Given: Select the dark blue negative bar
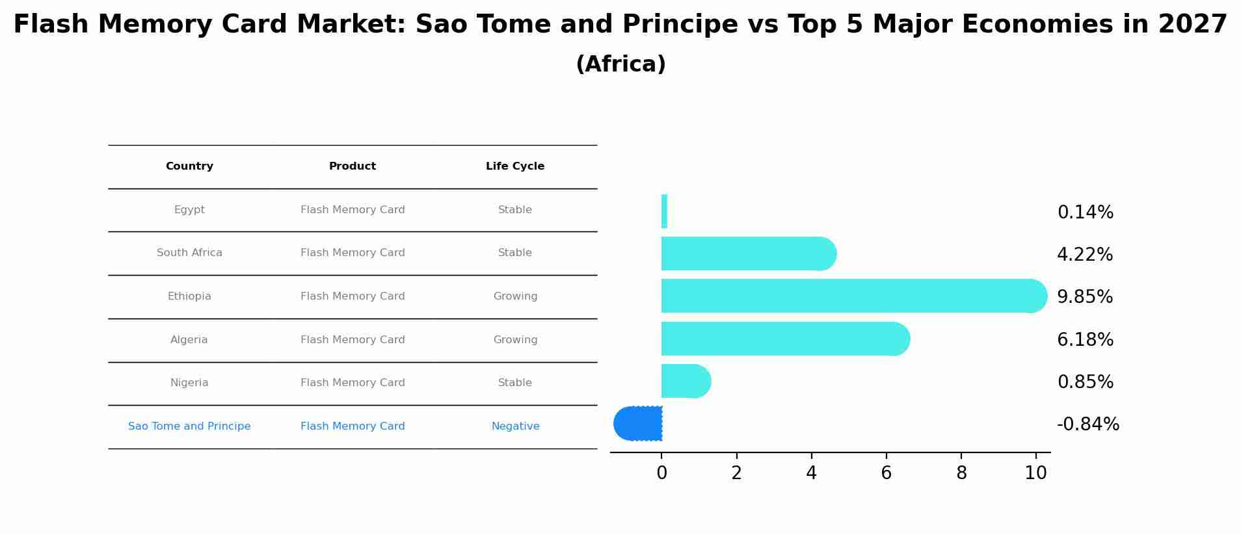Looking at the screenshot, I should point(638,423).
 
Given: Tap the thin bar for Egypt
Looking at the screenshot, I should point(664,211).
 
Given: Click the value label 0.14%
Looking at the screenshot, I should point(1085,213).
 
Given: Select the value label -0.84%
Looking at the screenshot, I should point(1088,424).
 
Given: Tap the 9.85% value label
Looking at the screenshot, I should point(1084,297).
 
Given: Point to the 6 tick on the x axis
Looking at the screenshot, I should point(886,473).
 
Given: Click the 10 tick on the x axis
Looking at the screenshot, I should point(1035,473).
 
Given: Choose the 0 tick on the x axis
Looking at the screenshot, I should point(661,473).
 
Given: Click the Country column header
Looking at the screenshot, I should point(189,166).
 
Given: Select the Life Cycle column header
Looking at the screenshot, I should point(514,166).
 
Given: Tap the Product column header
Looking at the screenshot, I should point(352,166).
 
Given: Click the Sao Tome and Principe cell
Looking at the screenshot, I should point(189,426).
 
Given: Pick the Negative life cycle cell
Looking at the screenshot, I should point(515,426).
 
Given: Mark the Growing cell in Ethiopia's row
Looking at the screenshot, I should point(515,296).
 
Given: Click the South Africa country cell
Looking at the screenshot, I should point(189,253).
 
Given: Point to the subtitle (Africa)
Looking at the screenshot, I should point(620,64).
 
